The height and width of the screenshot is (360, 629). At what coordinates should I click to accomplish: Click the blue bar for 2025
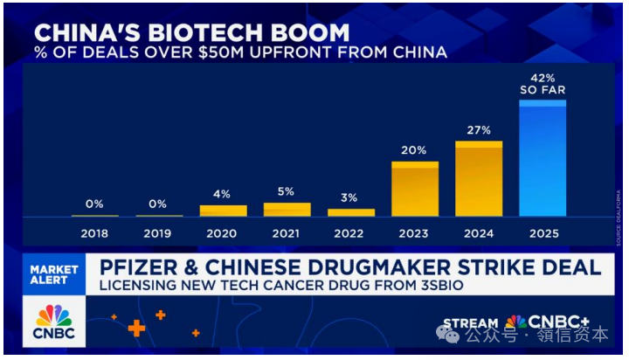543,159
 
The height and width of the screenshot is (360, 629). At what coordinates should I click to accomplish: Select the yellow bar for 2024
479,179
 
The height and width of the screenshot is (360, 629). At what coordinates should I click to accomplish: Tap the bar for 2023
414,190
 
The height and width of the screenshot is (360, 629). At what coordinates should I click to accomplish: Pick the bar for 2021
287,210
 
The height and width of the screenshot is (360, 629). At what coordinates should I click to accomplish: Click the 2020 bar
223,211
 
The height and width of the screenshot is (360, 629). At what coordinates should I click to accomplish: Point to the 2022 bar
351,212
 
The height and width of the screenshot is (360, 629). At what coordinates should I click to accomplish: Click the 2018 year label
94,233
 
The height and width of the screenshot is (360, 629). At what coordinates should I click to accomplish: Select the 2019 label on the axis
159,233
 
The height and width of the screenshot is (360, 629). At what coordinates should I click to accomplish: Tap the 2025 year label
543,233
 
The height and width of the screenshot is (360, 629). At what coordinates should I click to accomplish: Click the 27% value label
479,130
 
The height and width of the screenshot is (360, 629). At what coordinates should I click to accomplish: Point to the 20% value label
414,150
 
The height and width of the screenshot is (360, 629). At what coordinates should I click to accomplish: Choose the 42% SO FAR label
543,83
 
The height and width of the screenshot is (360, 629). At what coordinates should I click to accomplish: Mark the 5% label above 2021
287,191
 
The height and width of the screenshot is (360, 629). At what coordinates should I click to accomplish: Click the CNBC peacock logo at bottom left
55,321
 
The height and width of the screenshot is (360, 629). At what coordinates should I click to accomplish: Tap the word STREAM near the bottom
472,324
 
